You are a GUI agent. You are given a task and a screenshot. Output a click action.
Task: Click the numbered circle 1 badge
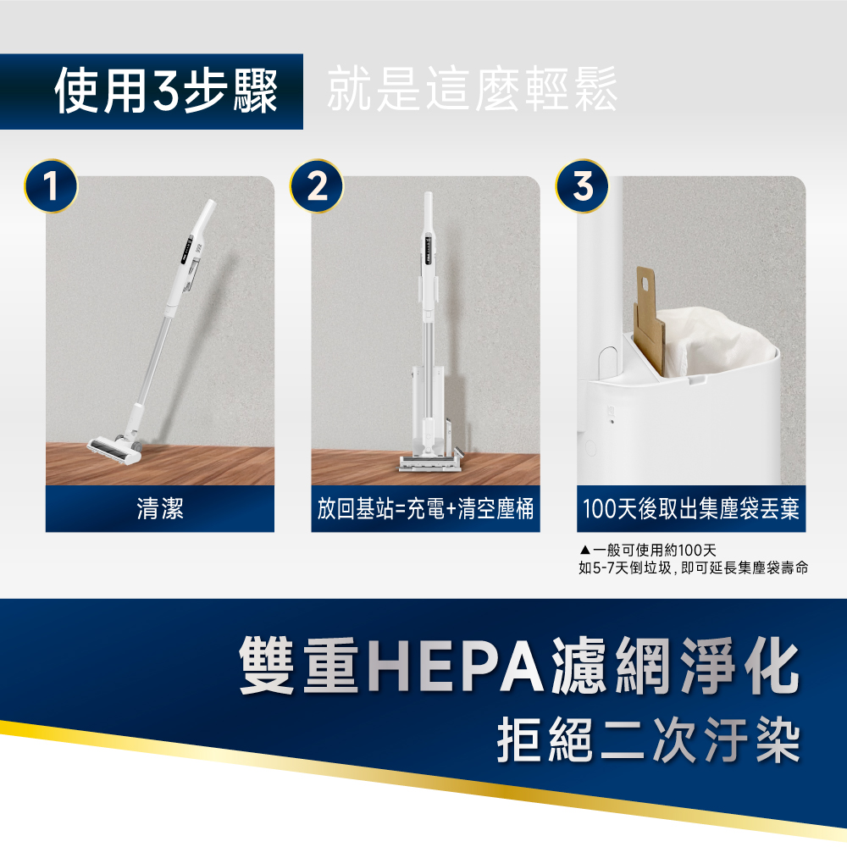(51, 185)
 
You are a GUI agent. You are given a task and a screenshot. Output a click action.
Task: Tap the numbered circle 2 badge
(317, 185)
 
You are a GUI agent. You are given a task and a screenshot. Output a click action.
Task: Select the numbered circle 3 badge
(583, 185)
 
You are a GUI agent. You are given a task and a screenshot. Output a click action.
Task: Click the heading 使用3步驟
(166, 91)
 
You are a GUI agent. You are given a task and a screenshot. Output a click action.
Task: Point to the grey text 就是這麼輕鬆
(472, 89)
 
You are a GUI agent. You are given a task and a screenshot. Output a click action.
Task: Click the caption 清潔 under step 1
(160, 508)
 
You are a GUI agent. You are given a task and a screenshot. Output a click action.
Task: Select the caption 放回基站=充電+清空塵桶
(425, 508)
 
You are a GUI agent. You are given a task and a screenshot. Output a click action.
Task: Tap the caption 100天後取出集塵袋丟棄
(691, 508)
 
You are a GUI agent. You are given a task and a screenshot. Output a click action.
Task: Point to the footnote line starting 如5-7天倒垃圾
(693, 567)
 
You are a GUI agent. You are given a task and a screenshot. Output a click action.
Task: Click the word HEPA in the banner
(457, 666)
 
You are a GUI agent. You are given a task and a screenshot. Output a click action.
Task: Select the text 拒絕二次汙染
(648, 740)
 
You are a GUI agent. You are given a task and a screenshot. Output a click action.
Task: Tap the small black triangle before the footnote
(585, 551)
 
